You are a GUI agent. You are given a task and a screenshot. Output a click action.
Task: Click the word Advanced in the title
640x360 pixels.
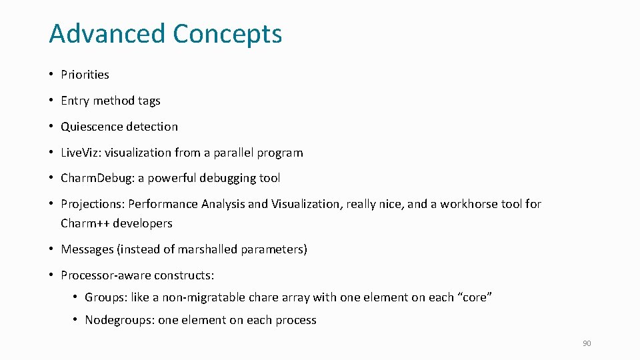(107, 33)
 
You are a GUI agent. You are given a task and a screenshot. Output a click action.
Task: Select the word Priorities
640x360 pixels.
(85, 75)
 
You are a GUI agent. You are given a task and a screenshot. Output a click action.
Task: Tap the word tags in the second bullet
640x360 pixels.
(149, 101)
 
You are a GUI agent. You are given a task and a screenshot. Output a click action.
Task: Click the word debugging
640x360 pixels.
(222, 179)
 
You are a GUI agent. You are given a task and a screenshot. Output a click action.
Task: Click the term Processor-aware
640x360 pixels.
(105, 275)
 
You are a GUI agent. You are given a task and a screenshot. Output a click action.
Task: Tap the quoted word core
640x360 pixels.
(474, 297)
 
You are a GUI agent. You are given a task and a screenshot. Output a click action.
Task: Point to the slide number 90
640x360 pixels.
(587, 343)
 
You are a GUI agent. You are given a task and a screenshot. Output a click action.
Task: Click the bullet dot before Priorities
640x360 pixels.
(51, 75)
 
